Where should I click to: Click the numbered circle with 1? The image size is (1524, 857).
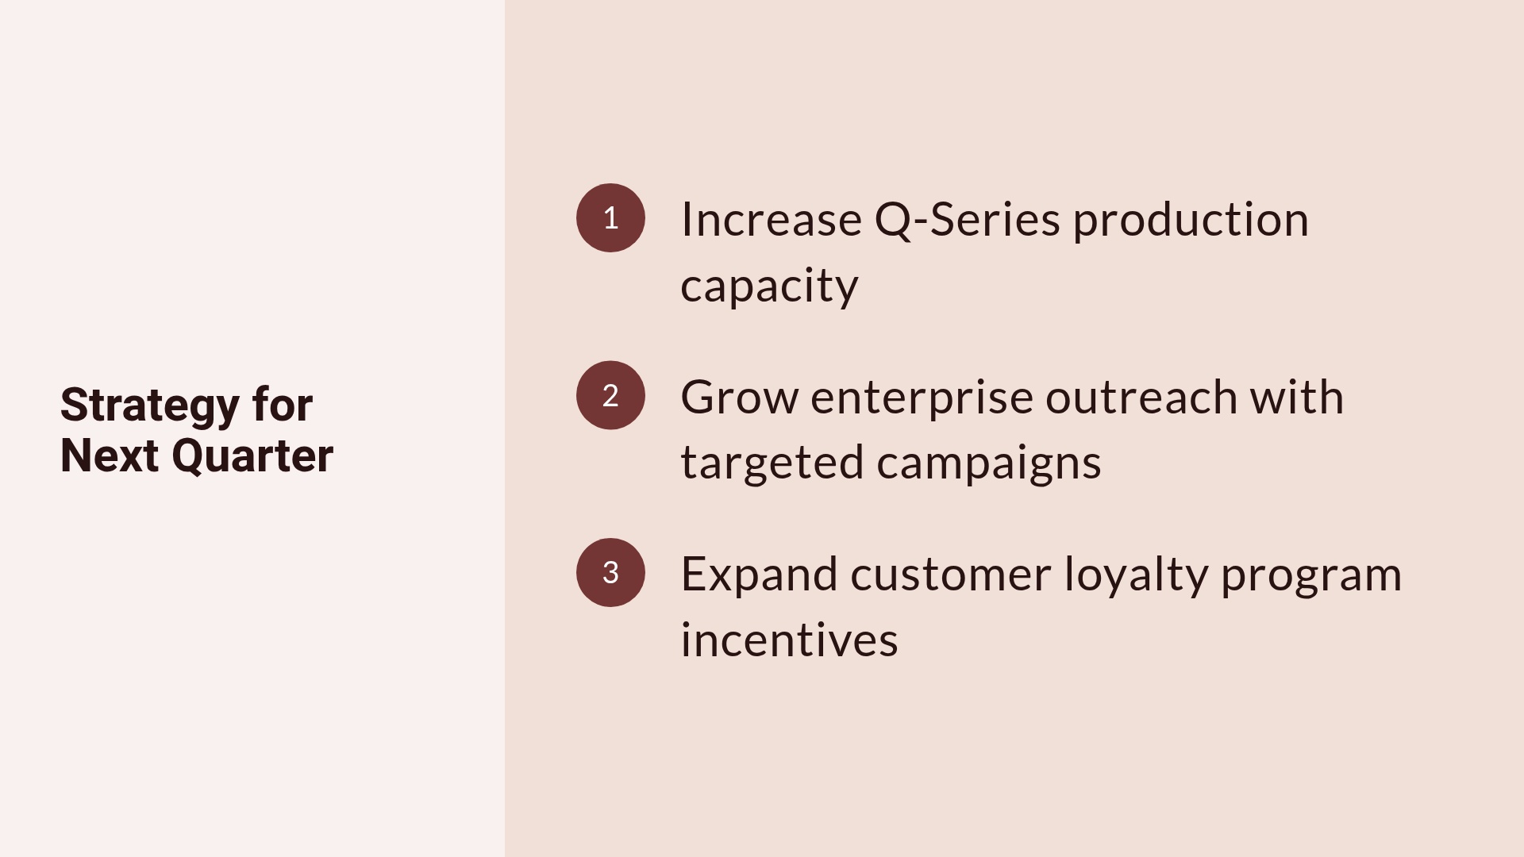tap(610, 218)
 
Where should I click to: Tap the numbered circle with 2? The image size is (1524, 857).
tap(610, 395)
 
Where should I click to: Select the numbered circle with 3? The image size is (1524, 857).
tap(610, 573)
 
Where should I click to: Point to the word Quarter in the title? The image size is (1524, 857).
tap(252, 456)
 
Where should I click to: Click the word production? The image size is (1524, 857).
tap(1191, 221)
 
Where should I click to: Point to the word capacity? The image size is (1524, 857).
tap(769, 286)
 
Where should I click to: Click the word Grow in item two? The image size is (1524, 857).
tap(739, 397)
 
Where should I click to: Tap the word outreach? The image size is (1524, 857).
tap(1141, 397)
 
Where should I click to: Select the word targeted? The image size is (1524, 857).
tap(772, 463)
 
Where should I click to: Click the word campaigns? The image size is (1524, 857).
tap(989, 463)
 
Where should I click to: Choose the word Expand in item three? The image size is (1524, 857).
tap(759, 575)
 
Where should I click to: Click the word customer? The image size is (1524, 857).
tap(950, 575)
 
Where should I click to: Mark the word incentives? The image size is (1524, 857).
tap(789, 640)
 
